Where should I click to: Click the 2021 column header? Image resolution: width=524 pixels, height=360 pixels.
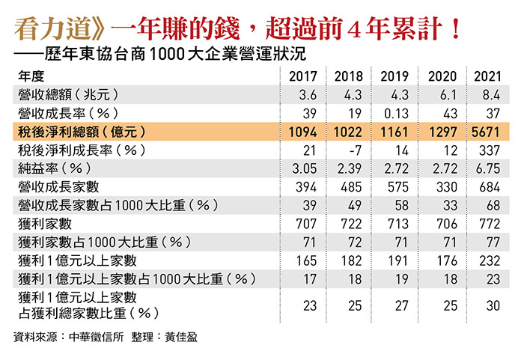tap(488, 76)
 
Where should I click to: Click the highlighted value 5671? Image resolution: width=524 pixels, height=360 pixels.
tap(488, 131)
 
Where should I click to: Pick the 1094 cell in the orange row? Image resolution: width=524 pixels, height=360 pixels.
tap(303, 131)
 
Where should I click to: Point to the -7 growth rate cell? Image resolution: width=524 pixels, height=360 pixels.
tap(349, 149)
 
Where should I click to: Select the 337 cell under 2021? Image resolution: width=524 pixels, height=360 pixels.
tap(488, 149)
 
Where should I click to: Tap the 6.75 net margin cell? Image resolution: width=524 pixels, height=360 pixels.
tap(488, 168)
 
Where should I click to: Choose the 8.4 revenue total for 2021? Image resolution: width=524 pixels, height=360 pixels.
tap(488, 94)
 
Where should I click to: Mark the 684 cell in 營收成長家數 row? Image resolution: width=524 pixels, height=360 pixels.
tap(488, 186)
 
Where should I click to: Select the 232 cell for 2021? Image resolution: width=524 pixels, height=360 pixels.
tap(488, 259)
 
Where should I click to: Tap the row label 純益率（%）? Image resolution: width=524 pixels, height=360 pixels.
tap(52, 168)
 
